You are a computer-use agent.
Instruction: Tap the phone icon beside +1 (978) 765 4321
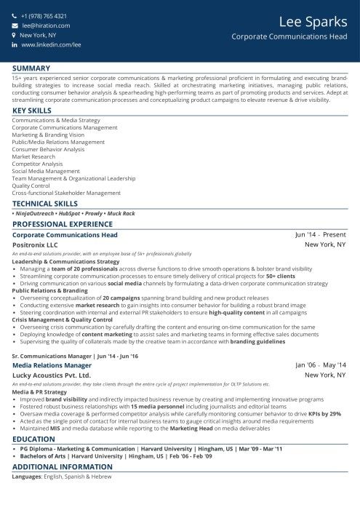tap(14, 16)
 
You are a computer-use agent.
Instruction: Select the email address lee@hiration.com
tap(44, 25)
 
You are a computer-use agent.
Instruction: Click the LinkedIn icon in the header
tap(14, 44)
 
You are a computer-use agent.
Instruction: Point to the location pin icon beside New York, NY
tap(14, 35)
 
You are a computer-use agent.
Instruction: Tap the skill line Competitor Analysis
tap(38, 164)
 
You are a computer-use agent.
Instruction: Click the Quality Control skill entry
tap(31, 186)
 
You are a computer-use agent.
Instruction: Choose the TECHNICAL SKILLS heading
tap(45, 204)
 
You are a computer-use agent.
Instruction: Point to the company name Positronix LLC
tap(35, 245)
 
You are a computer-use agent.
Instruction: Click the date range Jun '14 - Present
tap(320, 235)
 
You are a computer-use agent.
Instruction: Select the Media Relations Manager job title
tap(53, 344)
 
